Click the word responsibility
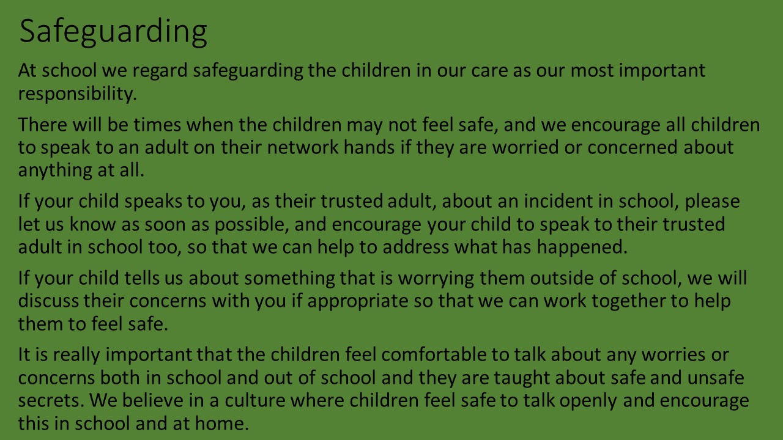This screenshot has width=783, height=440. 77,94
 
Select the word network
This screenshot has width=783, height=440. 303,147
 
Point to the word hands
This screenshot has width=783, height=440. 369,147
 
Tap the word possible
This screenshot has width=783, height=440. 251,224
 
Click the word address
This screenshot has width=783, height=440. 415,247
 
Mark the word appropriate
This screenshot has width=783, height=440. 358,301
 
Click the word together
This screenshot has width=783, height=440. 628,301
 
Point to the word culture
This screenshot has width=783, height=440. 255,400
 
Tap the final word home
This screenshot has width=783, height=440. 221,424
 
